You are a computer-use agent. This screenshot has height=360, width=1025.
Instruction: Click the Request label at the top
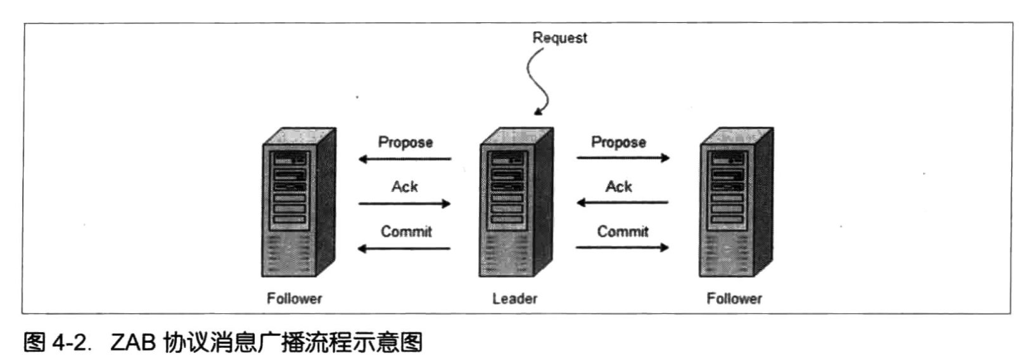point(559,37)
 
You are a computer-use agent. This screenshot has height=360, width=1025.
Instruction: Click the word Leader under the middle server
point(514,299)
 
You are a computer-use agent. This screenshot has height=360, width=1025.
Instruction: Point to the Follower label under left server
point(295,299)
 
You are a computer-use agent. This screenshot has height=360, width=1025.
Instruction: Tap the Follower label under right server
point(734,299)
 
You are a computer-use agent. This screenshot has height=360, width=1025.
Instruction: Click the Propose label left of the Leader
point(405,142)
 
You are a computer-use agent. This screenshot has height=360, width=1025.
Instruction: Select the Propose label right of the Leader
point(618,142)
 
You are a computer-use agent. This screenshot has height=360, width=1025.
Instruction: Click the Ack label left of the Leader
point(405,186)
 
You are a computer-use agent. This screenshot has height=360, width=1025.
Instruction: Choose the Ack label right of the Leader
point(619,186)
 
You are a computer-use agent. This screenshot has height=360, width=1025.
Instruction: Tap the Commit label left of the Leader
point(406,231)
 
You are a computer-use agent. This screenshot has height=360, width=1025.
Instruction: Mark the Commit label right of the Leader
point(623,231)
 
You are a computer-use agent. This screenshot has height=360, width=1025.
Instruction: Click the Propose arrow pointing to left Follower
point(405,158)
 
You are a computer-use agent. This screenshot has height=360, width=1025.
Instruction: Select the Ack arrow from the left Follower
point(405,203)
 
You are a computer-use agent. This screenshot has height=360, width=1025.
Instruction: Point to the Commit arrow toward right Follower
point(622,247)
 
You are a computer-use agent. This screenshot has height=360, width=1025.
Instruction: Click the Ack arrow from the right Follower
point(622,203)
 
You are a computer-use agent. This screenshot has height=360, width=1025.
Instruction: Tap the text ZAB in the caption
point(132,344)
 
